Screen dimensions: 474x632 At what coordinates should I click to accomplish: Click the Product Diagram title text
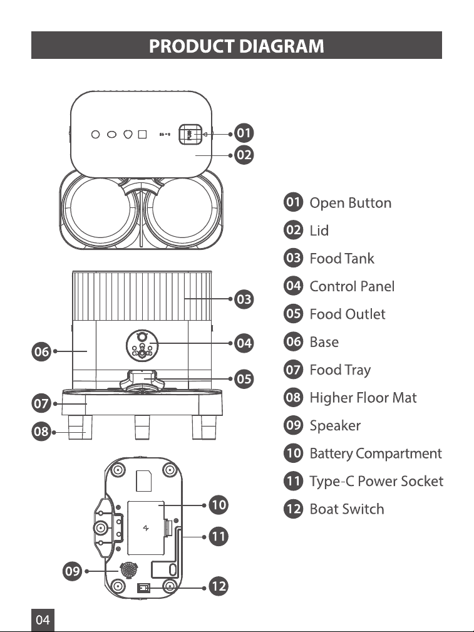coord(237,46)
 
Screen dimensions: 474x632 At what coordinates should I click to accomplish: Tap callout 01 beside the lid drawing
coord(244,133)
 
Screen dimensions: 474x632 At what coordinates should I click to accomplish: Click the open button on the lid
coord(190,135)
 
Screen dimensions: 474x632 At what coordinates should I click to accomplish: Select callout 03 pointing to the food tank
coord(244,299)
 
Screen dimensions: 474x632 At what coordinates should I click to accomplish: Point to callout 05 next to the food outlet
coord(244,380)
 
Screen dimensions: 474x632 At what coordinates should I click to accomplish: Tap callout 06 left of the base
coord(41,351)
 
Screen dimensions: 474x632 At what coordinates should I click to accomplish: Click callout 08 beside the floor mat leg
coord(41,432)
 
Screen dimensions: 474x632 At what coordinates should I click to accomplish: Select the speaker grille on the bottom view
coord(129,570)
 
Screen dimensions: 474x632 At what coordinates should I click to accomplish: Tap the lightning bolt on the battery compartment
coord(146,527)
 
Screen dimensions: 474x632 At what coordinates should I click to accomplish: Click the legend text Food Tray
coord(340,370)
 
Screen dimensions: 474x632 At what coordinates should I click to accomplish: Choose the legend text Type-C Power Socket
coord(376,481)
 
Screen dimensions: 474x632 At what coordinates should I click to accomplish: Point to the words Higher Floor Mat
coord(363,398)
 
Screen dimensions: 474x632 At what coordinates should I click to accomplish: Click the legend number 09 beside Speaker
coord(294,425)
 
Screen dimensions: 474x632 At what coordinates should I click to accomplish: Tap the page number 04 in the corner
coord(43,619)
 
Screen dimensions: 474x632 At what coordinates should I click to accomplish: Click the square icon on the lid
coord(142,134)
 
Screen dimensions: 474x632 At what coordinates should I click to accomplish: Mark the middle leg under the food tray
coord(142,427)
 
